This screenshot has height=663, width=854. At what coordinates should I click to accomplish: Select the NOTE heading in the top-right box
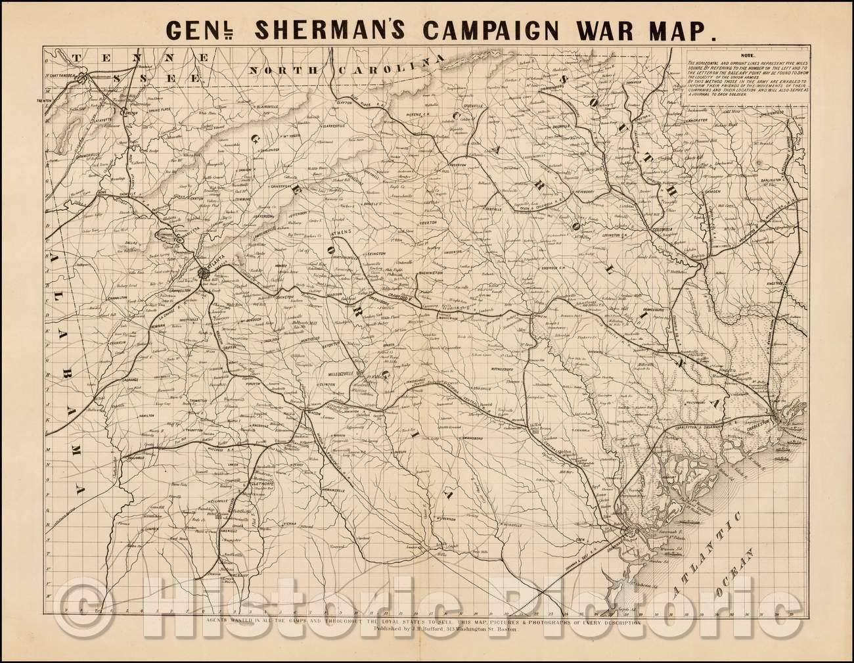pyautogui.click(x=748, y=56)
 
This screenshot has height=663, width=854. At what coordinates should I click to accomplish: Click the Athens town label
pyautogui.click(x=342, y=232)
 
